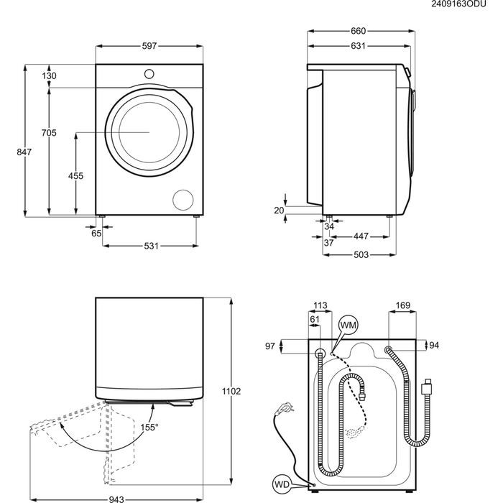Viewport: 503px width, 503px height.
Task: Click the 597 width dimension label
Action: (x=149, y=47)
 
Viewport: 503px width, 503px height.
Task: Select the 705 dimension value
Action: (x=49, y=132)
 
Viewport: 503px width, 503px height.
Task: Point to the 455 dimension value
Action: (x=75, y=176)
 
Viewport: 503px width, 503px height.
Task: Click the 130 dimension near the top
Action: (x=49, y=76)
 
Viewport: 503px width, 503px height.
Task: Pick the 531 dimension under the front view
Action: (x=150, y=246)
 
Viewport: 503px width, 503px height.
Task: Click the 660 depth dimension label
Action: (x=358, y=31)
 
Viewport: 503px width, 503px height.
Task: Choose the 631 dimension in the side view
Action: (x=358, y=47)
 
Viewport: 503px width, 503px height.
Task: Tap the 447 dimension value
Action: (x=361, y=236)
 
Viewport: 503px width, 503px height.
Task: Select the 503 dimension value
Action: (x=361, y=255)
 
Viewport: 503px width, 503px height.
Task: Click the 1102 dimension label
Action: (x=231, y=392)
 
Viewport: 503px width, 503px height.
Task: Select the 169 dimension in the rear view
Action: (x=402, y=306)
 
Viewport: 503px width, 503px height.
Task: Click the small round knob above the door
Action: (x=149, y=73)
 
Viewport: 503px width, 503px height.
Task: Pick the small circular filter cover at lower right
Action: (x=184, y=199)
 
